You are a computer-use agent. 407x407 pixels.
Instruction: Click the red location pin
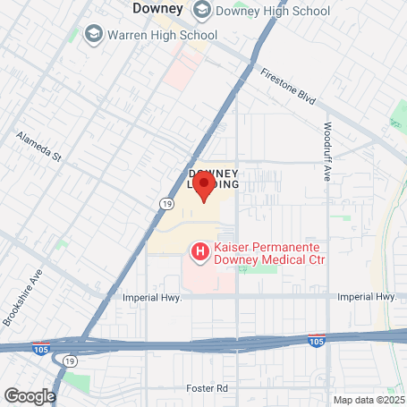coord(204,187)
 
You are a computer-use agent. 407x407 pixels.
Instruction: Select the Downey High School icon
coord(202,11)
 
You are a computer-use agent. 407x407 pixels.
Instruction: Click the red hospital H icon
coord(201,251)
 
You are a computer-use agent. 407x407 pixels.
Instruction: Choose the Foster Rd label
coord(209,388)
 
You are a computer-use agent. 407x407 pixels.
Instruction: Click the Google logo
coord(30,394)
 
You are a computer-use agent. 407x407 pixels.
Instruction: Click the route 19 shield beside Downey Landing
coord(166,204)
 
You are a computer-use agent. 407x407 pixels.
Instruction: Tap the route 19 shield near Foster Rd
coord(69,360)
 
